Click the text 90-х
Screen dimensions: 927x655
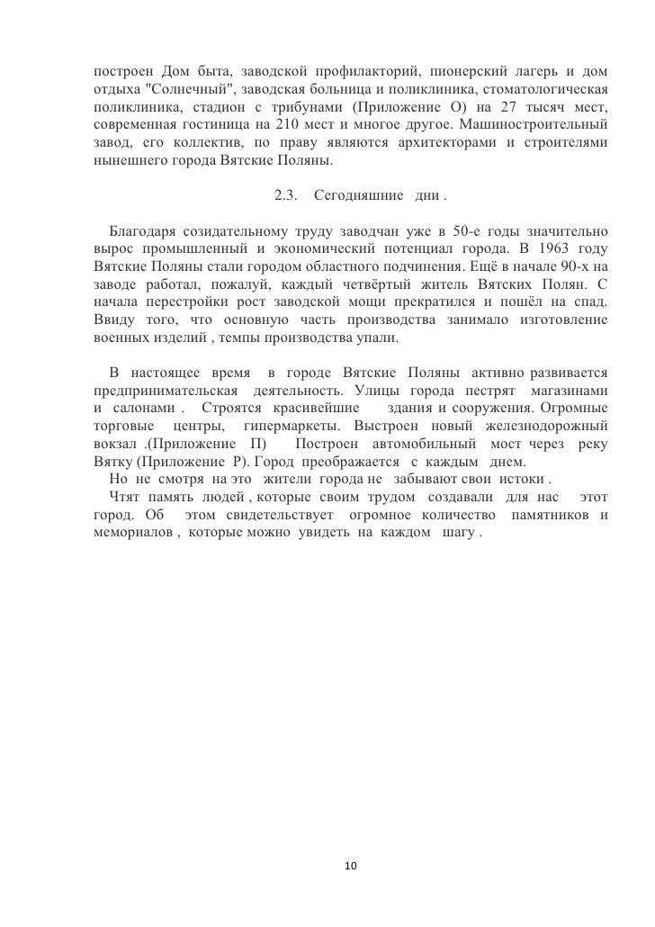579,266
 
